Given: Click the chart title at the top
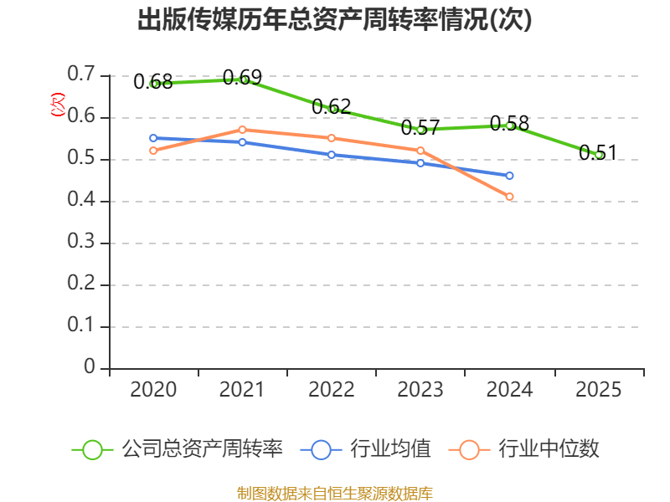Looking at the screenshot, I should click(x=335, y=21).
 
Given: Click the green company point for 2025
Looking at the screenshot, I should click(x=599, y=155).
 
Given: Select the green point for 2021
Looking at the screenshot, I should click(x=244, y=79).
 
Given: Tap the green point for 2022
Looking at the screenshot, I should click(x=332, y=109).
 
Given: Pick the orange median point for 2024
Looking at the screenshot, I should click(x=509, y=197).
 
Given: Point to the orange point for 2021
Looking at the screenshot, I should click(x=242, y=130).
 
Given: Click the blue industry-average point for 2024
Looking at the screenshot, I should click(x=509, y=176).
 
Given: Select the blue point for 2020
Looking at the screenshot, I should click(x=153, y=138).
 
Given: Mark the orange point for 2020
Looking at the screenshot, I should click(x=153, y=151).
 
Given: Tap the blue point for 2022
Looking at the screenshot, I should click(x=332, y=155).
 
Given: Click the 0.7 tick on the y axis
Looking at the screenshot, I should click(x=81, y=75).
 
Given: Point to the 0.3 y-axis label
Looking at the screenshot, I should click(x=81, y=243).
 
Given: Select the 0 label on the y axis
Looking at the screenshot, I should click(x=90, y=368).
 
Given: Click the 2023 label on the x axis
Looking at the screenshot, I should click(x=420, y=390).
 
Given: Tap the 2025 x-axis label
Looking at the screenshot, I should click(x=599, y=390).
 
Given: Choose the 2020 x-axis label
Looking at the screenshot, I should click(x=153, y=390).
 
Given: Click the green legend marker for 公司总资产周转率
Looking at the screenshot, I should click(x=92, y=449).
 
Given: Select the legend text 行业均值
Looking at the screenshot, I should click(x=391, y=449).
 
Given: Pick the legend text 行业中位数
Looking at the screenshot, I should click(x=549, y=449).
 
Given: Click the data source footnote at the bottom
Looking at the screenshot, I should click(x=335, y=493).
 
